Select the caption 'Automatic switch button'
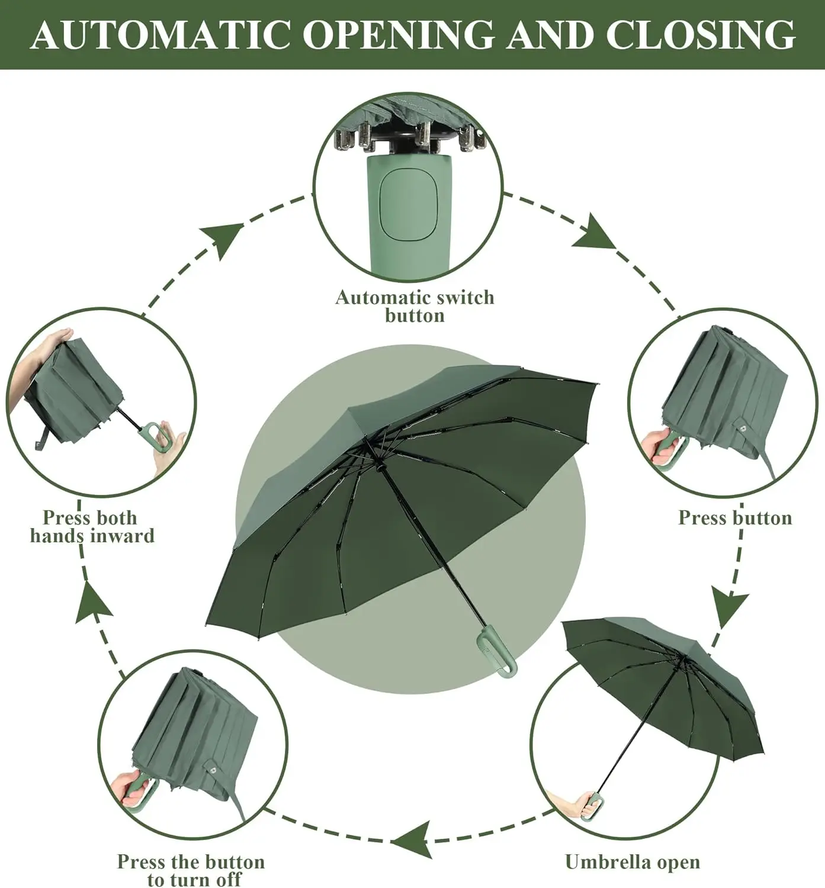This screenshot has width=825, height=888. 414,305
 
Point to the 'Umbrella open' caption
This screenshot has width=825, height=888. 632,861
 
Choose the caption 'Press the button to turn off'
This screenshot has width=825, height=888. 191,870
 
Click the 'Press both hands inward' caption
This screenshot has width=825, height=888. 92,526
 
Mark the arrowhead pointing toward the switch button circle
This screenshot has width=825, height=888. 225,239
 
